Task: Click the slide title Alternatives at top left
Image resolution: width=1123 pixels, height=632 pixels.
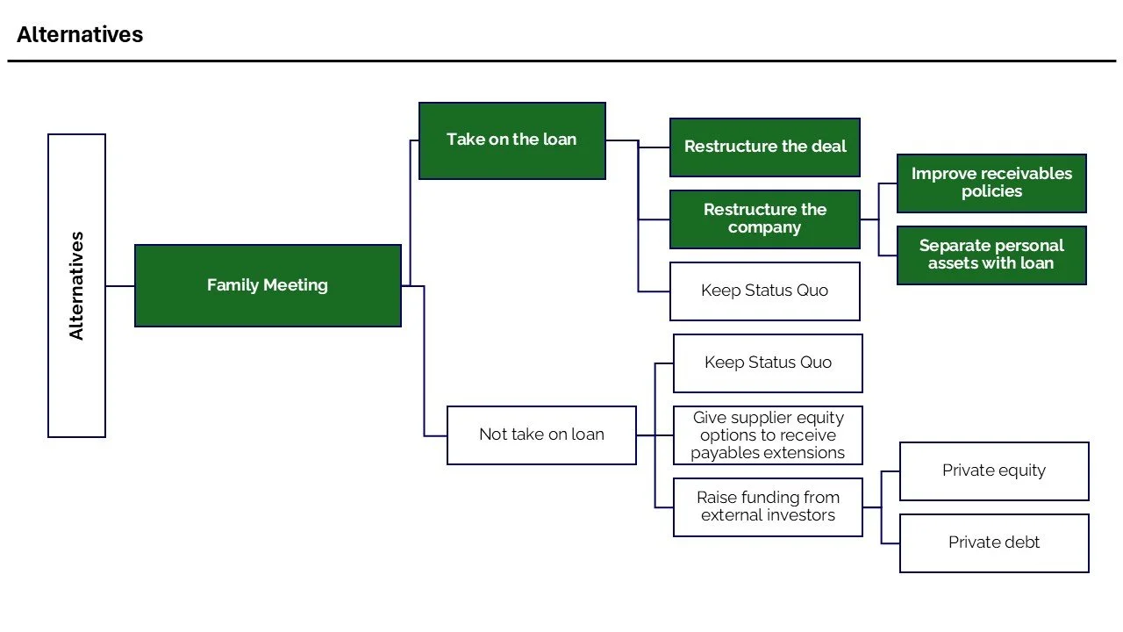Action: pyautogui.click(x=80, y=35)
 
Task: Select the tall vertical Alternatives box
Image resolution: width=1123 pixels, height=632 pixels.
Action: pyautogui.click(x=76, y=285)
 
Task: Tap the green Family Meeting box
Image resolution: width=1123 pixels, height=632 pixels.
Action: pyautogui.click(x=268, y=285)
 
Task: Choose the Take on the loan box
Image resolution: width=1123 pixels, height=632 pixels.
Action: pyautogui.click(x=511, y=140)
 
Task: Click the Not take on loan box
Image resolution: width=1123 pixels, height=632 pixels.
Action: pyautogui.click(x=541, y=434)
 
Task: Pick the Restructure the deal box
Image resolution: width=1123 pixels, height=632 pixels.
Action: pyautogui.click(x=764, y=147)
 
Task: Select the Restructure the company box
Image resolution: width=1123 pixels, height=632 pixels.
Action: pyautogui.click(x=764, y=219)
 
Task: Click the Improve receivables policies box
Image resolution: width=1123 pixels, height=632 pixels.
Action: pyautogui.click(x=991, y=183)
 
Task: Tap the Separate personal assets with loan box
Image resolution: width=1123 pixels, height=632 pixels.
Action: pyautogui.click(x=991, y=255)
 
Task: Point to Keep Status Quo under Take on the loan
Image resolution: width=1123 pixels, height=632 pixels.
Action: pyautogui.click(x=764, y=291)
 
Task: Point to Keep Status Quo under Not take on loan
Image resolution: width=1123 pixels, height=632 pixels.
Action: pyautogui.click(x=768, y=363)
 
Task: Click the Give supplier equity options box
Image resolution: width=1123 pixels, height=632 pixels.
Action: pyautogui.click(x=768, y=435)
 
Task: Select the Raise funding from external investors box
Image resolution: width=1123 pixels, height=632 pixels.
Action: pyautogui.click(x=768, y=506)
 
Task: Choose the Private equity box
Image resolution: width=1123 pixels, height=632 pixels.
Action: pyautogui.click(x=994, y=470)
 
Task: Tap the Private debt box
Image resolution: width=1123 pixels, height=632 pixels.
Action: pyautogui.click(x=994, y=542)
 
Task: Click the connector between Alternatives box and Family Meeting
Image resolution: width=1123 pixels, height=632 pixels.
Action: pyautogui.click(x=119, y=286)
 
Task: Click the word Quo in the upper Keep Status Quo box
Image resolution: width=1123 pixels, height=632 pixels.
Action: pyautogui.click(x=812, y=291)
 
